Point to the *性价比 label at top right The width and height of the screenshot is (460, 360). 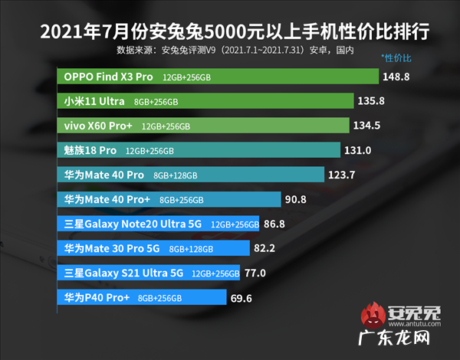tap(396, 58)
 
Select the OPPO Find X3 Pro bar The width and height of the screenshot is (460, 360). tap(218, 77)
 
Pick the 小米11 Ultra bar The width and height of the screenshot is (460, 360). tap(205, 101)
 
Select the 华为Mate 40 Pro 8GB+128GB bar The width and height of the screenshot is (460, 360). tap(191, 175)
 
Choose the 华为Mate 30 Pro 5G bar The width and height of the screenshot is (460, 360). tap(153, 248)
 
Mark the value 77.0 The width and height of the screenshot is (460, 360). tap(255, 273)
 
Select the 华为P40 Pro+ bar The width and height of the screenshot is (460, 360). tap(142, 297)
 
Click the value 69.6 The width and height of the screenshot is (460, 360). tap(241, 297)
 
